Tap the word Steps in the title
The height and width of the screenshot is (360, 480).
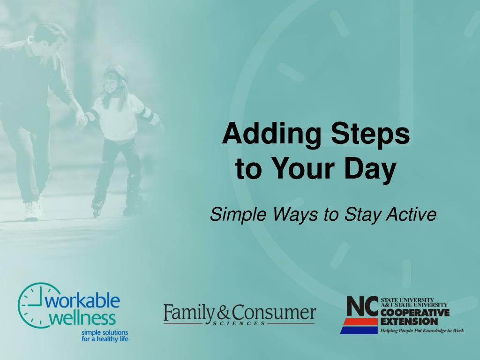pyautogui.click(x=370, y=135)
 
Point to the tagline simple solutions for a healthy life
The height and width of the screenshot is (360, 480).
pyautogui.click(x=105, y=336)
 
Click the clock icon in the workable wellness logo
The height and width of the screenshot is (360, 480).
pyautogui.click(x=33, y=305)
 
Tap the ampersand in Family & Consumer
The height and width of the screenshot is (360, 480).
pyautogui.click(x=223, y=314)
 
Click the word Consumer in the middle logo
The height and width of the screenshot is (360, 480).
pyautogui.click(x=274, y=313)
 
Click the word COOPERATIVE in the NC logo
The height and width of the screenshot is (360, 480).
pyautogui.click(x=415, y=313)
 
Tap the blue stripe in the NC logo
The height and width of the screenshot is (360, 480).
pyautogui.click(x=359, y=330)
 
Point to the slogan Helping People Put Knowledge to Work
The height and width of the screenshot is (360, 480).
pyautogui.click(x=422, y=330)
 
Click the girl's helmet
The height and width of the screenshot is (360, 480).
pyautogui.click(x=115, y=74)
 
